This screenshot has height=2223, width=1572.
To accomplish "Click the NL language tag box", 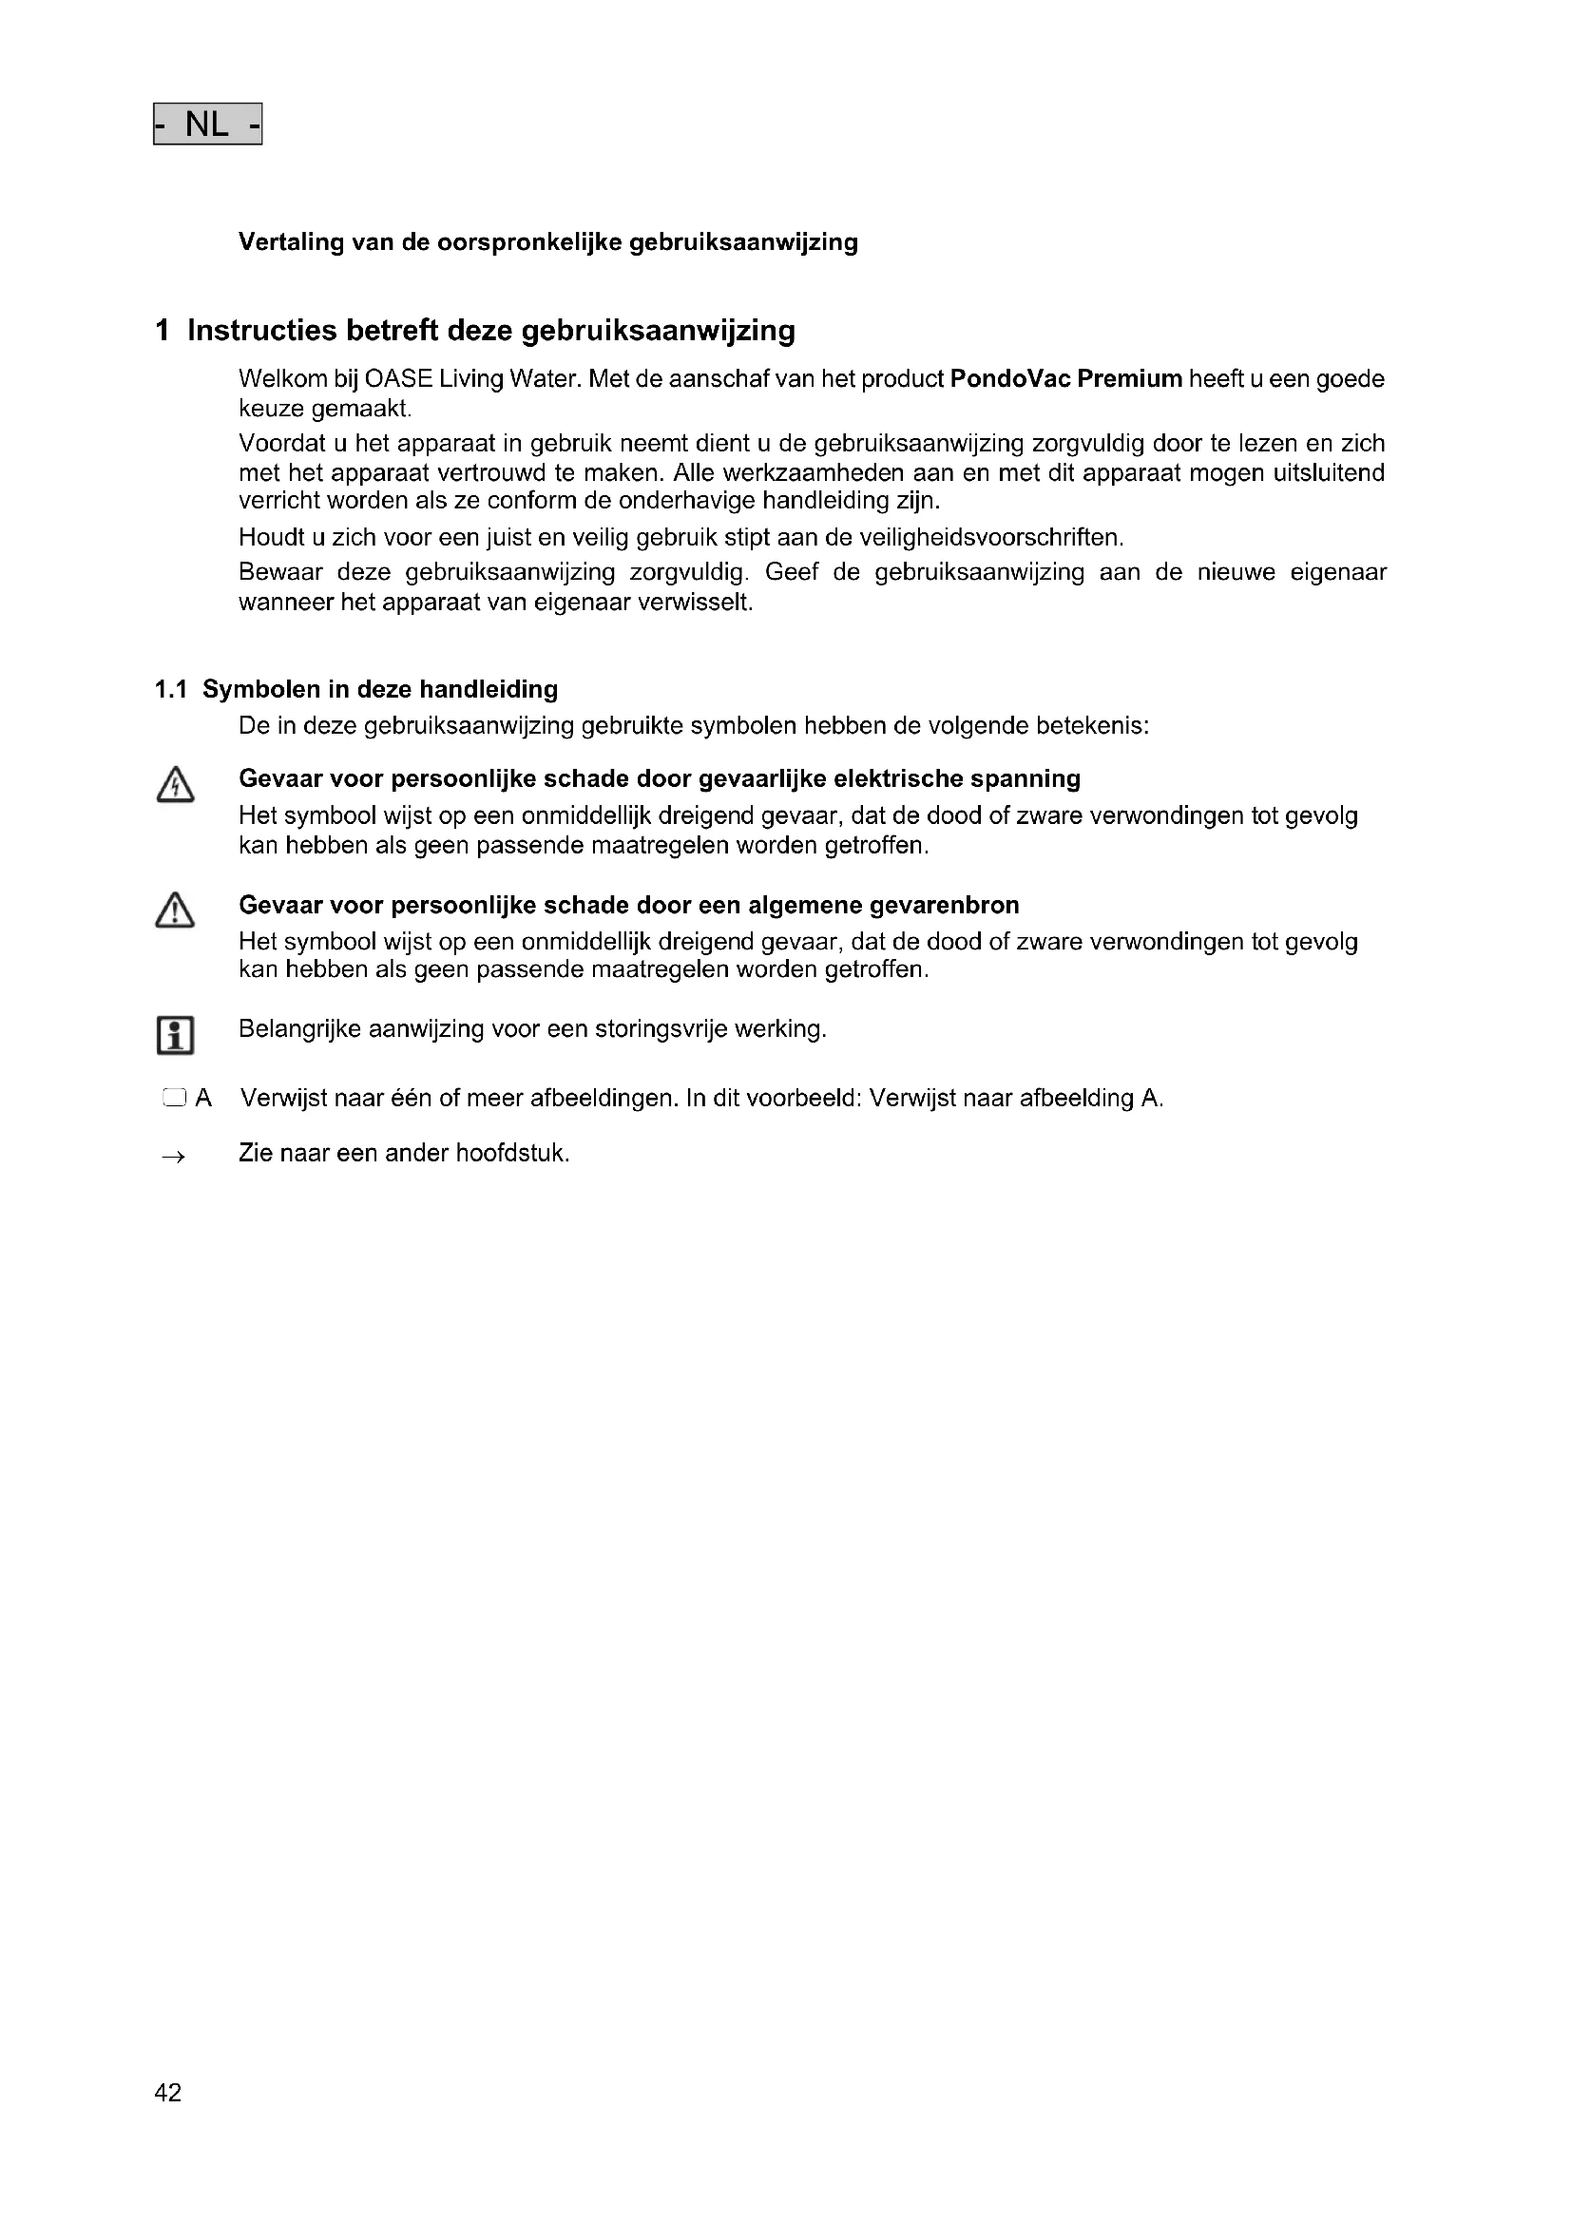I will point(207,124).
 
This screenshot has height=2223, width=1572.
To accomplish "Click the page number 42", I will point(167,2092).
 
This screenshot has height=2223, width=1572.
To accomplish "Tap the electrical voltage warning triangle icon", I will point(174,785).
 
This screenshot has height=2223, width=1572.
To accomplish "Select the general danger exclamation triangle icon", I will point(174,911).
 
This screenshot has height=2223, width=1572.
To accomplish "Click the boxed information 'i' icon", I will point(174,1035).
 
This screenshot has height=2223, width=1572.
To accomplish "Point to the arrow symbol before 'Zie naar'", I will point(173,1156).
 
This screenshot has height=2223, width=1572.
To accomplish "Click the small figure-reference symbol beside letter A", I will point(173,1098).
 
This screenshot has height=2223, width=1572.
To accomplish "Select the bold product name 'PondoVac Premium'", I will point(1065,378).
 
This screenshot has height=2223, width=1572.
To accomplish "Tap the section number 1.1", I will point(170,689).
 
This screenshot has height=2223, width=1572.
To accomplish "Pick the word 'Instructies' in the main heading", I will point(262,331).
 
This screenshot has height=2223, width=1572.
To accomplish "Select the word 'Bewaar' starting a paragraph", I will point(280,572).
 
